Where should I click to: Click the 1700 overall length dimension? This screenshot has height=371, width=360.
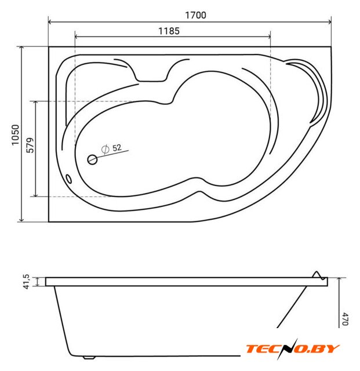pyautogui.click(x=195, y=15)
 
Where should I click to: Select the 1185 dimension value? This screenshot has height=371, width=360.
pyautogui.click(x=169, y=31)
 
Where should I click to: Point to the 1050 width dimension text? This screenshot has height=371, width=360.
pyautogui.click(x=16, y=135)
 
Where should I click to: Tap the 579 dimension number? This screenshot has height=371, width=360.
pyautogui.click(x=30, y=145)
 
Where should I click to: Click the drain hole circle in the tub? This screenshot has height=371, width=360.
pyautogui.click(x=92, y=160)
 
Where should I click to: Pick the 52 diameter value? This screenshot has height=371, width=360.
pyautogui.click(x=117, y=148)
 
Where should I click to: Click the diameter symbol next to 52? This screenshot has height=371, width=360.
pyautogui.click(x=105, y=150)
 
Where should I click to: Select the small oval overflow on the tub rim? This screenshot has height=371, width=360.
pyautogui.click(x=68, y=179)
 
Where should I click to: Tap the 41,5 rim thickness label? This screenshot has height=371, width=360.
pyautogui.click(x=26, y=281)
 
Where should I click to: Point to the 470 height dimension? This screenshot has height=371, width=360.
pyautogui.click(x=345, y=319)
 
